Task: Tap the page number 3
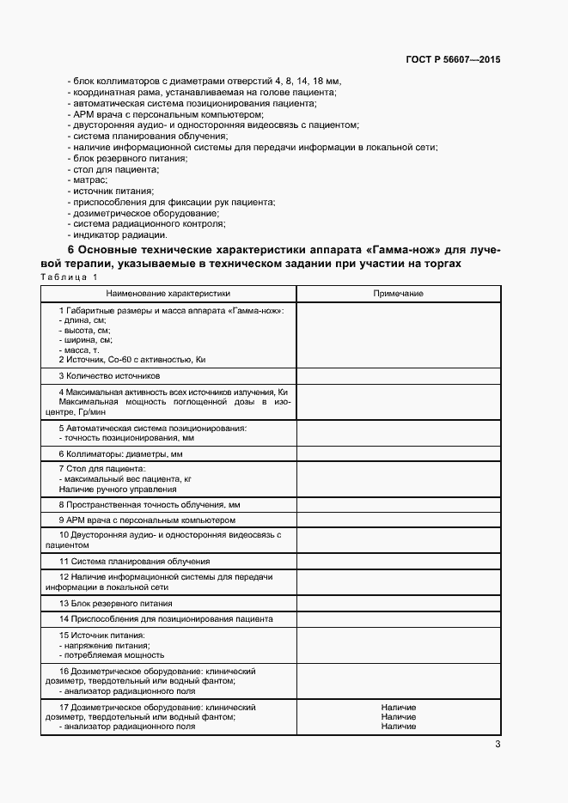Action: (x=498, y=745)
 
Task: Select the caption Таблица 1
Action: (x=70, y=277)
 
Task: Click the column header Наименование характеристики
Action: (x=168, y=294)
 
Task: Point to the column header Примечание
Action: (x=398, y=294)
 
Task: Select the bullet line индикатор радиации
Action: (x=119, y=234)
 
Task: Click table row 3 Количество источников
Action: (x=109, y=376)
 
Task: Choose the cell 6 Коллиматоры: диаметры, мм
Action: (x=120, y=453)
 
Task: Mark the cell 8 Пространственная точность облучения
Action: (x=149, y=505)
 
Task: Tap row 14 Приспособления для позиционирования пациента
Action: (x=166, y=618)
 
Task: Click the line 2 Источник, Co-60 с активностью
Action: (x=133, y=360)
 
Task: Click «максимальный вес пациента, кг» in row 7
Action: (x=126, y=478)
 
